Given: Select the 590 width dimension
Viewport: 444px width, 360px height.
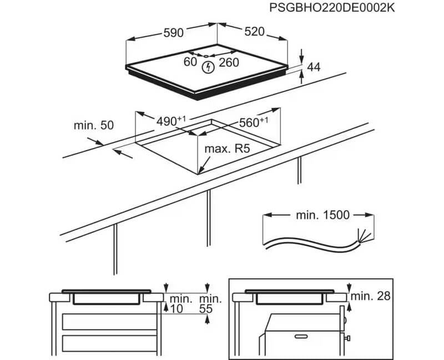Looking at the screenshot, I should [173, 33].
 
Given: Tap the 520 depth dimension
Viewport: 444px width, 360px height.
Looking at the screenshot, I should [254, 32].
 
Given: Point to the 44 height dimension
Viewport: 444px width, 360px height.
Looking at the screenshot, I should [314, 67].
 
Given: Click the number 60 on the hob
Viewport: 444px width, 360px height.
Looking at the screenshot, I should [190, 62].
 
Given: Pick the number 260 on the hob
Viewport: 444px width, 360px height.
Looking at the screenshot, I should [229, 62].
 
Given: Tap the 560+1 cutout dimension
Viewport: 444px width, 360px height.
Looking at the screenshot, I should [253, 123].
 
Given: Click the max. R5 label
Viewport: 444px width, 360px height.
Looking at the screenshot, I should [227, 149].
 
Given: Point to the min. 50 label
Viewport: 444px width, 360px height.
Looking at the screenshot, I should [93, 125].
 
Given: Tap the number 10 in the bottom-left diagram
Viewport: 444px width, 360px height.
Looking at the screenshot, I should [176, 310].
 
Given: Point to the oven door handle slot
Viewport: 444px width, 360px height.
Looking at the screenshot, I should [302, 336].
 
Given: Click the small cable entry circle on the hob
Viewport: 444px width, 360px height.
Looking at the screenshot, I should [205, 55].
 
